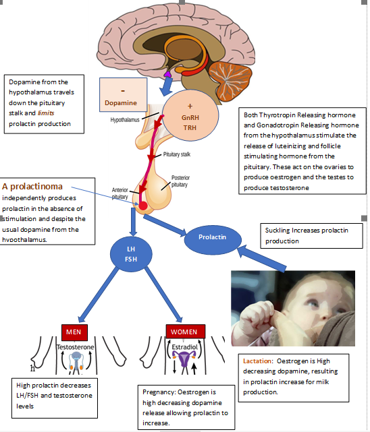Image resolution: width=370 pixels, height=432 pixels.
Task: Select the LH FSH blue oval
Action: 131,254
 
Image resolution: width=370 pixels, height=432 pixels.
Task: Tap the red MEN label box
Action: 74,332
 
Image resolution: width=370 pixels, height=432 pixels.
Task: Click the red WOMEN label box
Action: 186,332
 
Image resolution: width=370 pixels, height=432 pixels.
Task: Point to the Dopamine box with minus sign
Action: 124,95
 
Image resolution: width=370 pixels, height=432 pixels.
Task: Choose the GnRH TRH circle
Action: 190,115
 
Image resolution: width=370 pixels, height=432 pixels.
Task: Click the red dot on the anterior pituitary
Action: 143,206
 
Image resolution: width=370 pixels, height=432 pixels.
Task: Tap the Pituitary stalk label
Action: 177,154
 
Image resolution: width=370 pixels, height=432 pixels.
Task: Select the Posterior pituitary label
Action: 180,181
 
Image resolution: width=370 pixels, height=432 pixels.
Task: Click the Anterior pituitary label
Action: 120,193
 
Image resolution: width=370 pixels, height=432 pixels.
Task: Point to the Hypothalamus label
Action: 125,120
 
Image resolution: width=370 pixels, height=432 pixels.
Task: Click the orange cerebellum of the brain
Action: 230,81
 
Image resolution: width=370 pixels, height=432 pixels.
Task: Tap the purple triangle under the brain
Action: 167,74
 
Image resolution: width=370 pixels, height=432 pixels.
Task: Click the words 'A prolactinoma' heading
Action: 32,187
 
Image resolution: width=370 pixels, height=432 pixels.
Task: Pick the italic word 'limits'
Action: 46,113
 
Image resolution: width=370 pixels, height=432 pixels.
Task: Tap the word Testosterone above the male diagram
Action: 75,347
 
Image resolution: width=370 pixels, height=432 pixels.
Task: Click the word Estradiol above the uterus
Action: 184,347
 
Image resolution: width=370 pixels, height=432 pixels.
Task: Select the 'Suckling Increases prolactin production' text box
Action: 311,236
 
